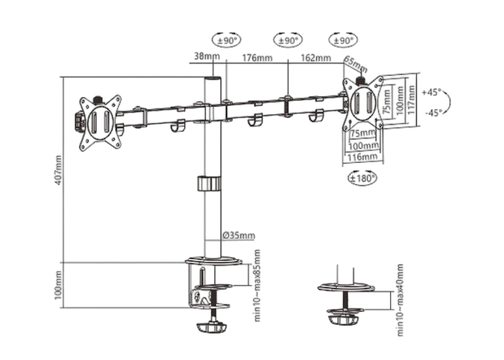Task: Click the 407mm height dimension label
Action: click(x=58, y=170)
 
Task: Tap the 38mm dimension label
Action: click(x=207, y=56)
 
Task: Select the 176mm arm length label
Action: click(x=257, y=58)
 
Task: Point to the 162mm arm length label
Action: click(x=315, y=58)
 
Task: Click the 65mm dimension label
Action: click(x=356, y=64)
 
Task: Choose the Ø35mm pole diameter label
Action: click(x=239, y=235)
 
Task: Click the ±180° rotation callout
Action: click(x=363, y=178)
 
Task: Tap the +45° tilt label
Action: click(x=432, y=92)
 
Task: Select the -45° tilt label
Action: click(x=433, y=112)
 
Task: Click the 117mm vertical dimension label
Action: click(x=411, y=99)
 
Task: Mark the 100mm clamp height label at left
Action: click(x=58, y=285)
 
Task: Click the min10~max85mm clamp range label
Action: click(x=257, y=285)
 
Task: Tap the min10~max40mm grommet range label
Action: click(x=400, y=300)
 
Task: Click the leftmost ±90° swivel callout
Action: click(x=227, y=40)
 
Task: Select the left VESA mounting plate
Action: click(x=100, y=123)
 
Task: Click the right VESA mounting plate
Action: click(x=363, y=103)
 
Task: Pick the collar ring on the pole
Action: click(x=210, y=184)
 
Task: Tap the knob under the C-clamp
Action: click(x=212, y=328)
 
